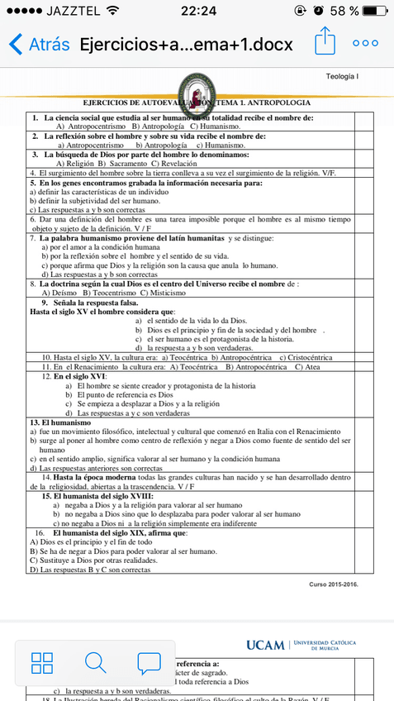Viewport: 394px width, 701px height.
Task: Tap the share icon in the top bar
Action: [325, 42]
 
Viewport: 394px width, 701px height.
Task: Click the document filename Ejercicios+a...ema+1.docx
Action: [186, 44]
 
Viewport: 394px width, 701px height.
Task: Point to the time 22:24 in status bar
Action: [197, 11]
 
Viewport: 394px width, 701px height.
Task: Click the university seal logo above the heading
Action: [197, 92]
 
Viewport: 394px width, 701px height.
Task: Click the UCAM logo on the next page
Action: [264, 644]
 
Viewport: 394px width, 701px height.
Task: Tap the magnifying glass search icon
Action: [95, 662]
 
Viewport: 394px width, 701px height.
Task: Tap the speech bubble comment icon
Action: [149, 662]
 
